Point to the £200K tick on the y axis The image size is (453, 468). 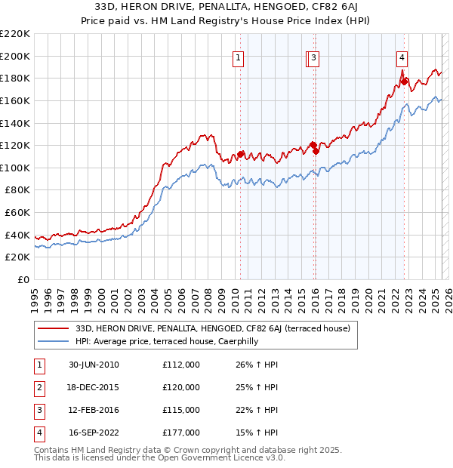pyautogui.click(x=15, y=56)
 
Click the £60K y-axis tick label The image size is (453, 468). pyautogui.click(x=17, y=213)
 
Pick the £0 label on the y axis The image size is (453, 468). pyautogui.click(x=23, y=280)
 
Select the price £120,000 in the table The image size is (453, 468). pyautogui.click(x=181, y=388)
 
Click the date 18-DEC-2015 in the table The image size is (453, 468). pyautogui.click(x=94, y=388)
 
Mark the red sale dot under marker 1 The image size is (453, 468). pyautogui.click(x=241, y=154)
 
